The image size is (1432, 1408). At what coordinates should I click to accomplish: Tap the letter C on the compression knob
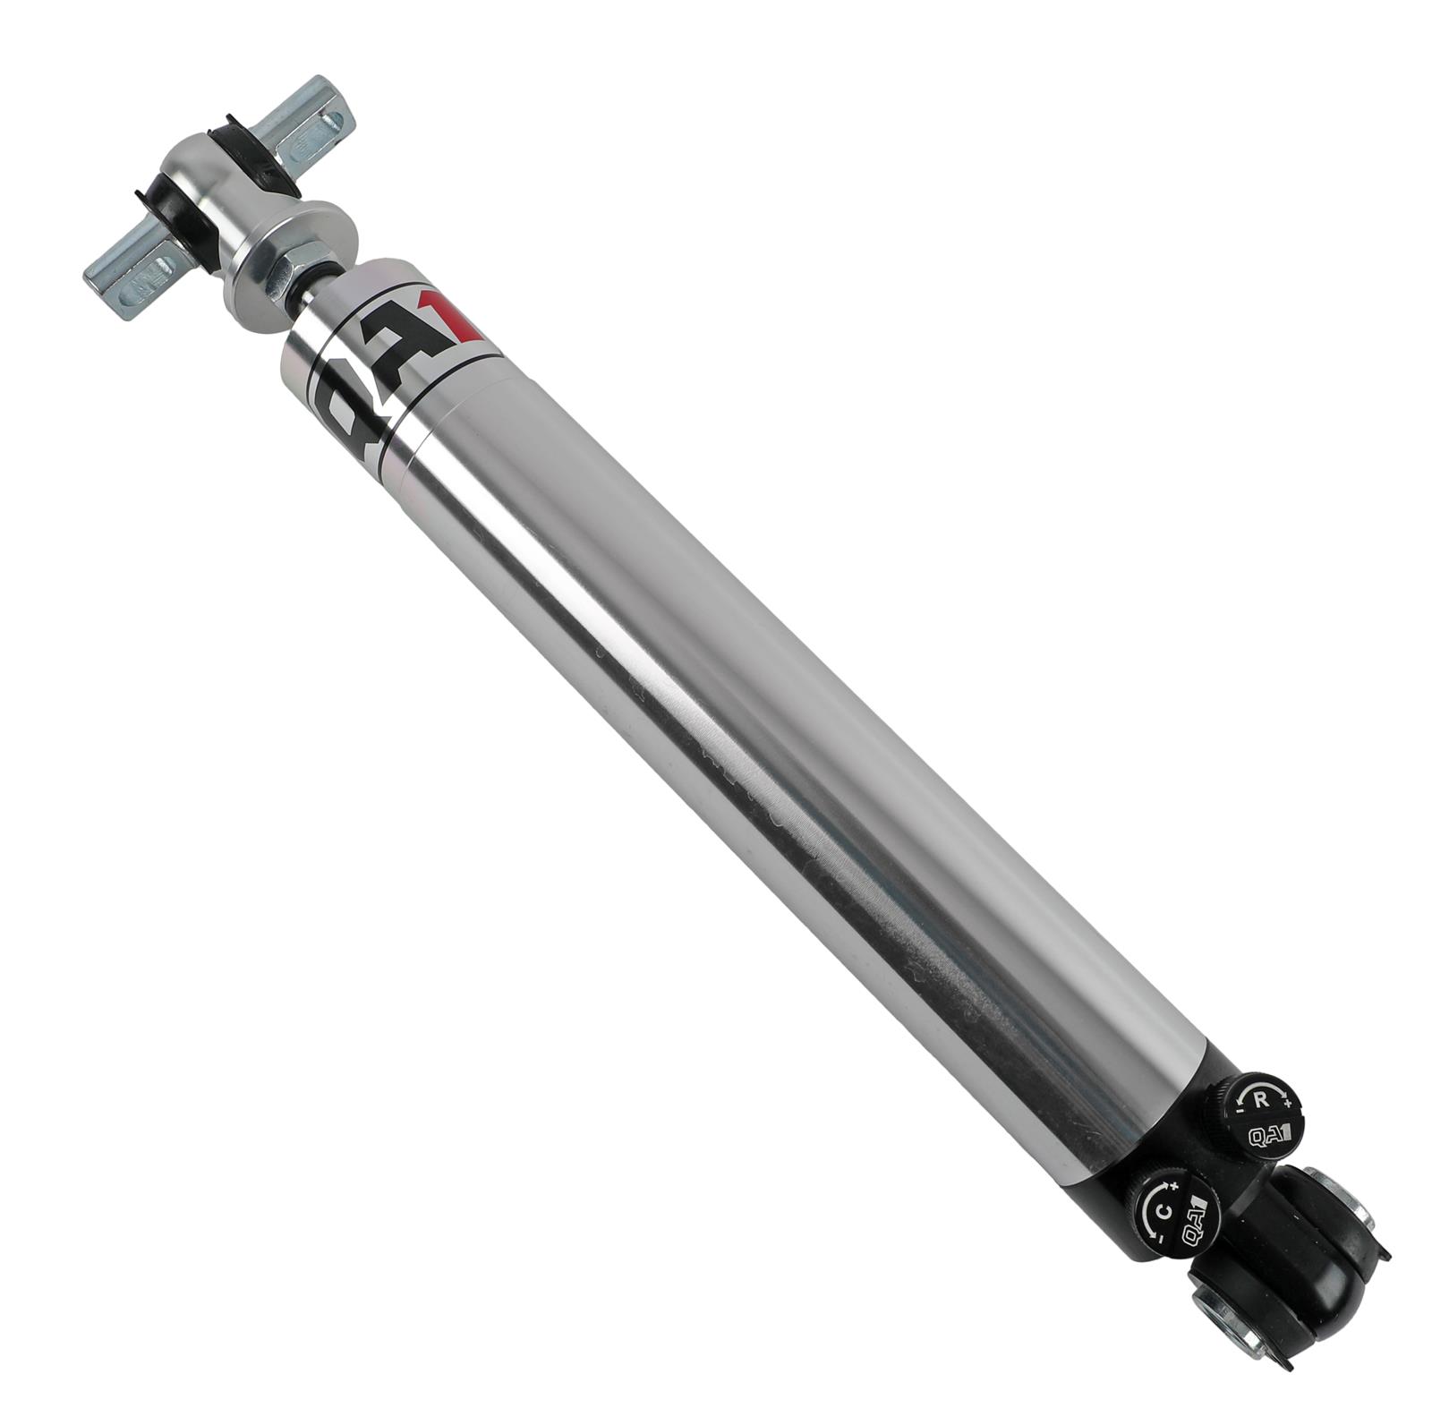[1163, 1214]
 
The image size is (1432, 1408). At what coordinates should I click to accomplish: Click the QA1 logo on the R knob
[1269, 1135]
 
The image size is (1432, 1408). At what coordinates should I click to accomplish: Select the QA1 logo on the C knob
[1196, 1232]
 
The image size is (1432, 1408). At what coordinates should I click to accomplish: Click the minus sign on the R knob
[1240, 1111]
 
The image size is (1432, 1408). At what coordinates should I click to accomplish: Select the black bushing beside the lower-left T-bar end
[183, 212]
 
